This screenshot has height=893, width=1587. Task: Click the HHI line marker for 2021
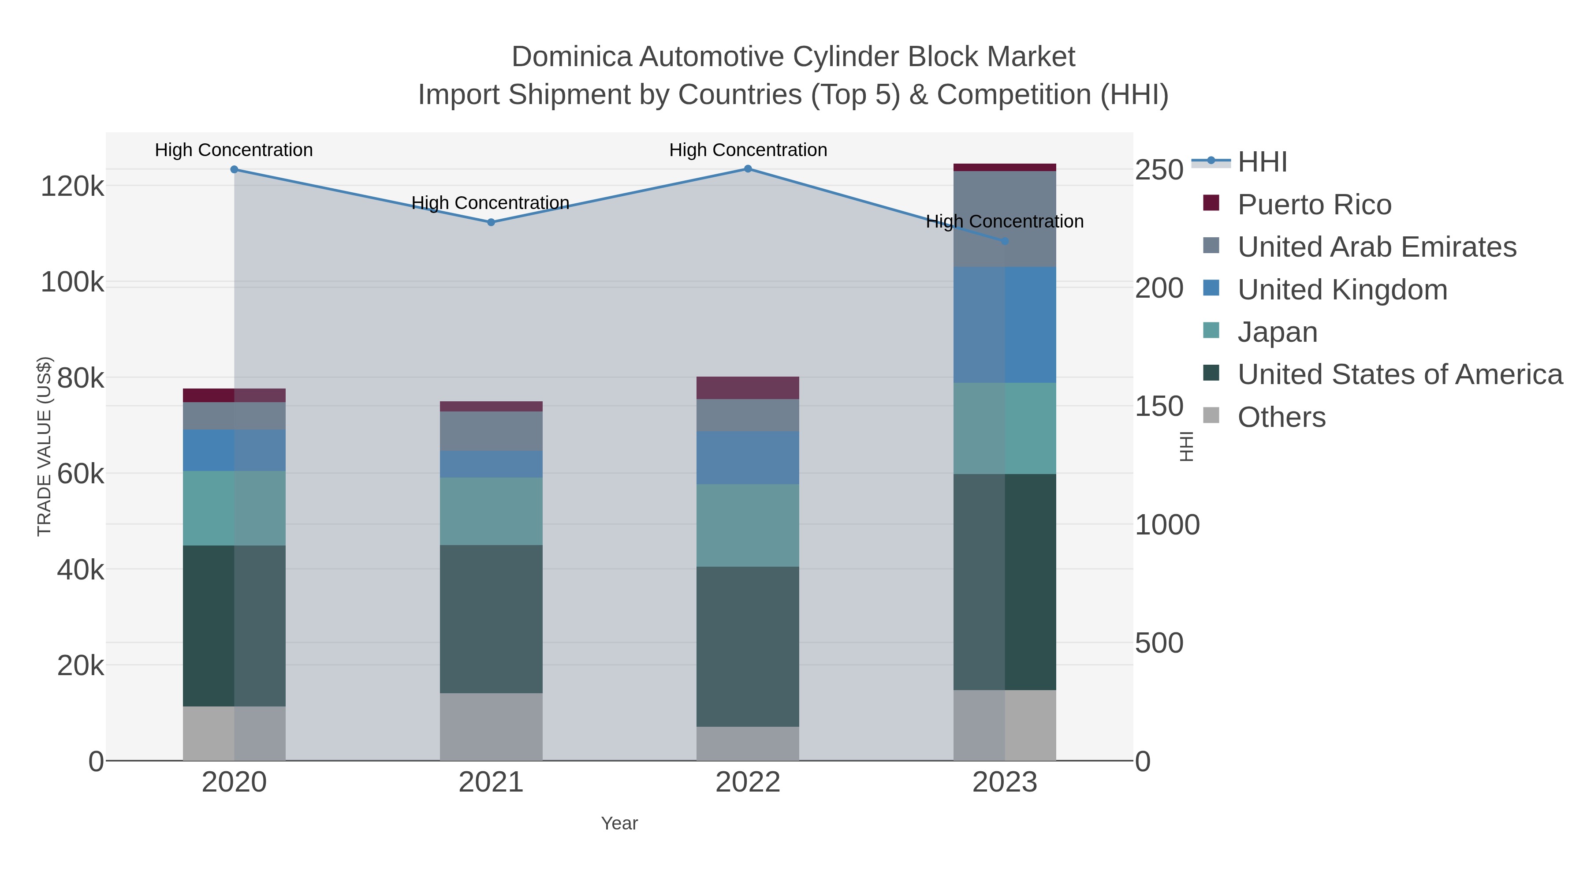(491, 223)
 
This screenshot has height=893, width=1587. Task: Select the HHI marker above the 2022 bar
(748, 169)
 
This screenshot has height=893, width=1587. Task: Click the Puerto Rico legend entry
(1314, 205)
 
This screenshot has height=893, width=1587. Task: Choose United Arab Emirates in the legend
(1376, 247)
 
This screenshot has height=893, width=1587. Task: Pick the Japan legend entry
(1277, 332)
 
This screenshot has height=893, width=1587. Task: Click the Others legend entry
(1282, 417)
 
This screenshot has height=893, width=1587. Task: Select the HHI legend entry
(1263, 162)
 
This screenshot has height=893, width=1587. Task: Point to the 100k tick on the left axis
(72, 283)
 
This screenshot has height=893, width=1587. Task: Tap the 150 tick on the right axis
(1159, 407)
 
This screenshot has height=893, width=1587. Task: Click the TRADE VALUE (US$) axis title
(45, 446)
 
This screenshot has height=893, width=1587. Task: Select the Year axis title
(619, 823)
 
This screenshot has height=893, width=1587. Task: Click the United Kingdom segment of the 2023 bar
(1005, 325)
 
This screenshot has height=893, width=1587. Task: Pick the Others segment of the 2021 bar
(491, 727)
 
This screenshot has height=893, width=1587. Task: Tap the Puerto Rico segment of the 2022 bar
(748, 388)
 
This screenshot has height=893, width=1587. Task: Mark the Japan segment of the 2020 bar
(234, 508)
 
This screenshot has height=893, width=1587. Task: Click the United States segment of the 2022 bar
(748, 646)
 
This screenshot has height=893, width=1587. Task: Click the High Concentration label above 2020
(234, 150)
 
